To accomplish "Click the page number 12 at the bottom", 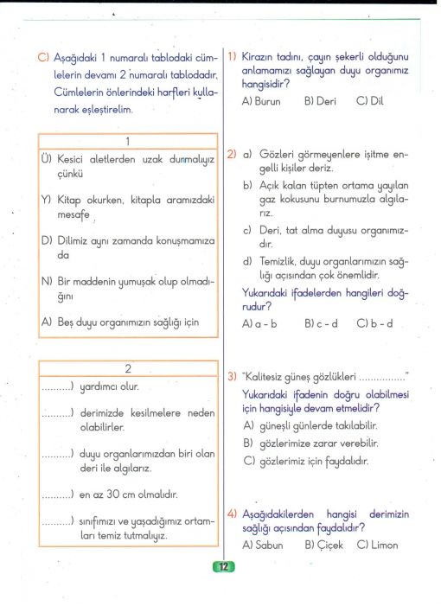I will [x=223, y=567].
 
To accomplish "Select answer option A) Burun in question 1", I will [x=261, y=101].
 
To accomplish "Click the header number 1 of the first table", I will [x=127, y=141].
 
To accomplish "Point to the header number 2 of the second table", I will [x=127, y=369].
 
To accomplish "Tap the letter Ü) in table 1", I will [x=47, y=160].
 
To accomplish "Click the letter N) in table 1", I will [x=47, y=281].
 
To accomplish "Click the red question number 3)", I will [x=233, y=377].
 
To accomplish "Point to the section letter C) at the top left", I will [x=44, y=57].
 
